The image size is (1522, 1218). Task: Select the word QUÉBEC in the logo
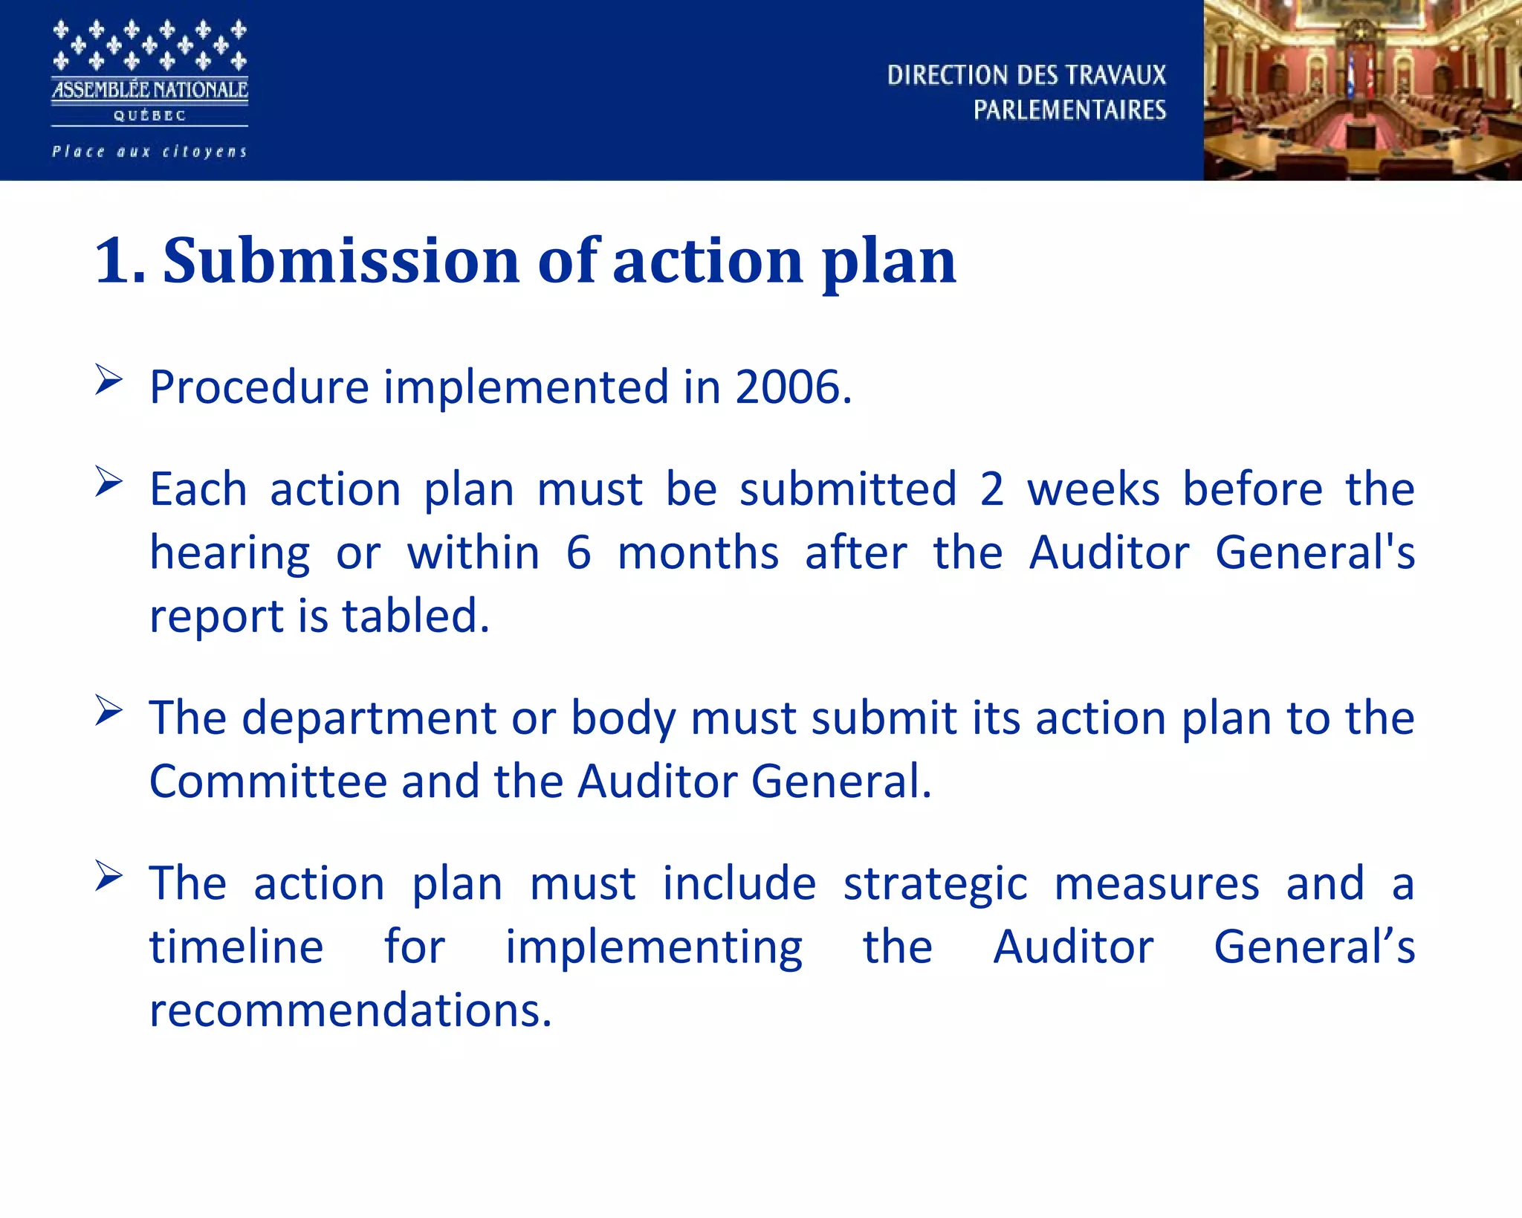click(149, 116)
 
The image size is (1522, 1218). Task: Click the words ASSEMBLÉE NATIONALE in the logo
click(149, 90)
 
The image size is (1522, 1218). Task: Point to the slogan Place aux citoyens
click(149, 152)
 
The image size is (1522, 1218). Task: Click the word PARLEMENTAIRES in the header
click(1069, 110)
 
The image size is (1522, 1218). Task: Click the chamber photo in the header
click(1362, 90)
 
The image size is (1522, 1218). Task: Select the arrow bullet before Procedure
click(109, 380)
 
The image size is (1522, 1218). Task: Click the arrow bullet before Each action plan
click(109, 482)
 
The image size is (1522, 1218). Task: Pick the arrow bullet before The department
click(109, 711)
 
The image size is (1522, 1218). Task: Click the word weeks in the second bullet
click(1093, 489)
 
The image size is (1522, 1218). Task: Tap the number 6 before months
click(579, 553)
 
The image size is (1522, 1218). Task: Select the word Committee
click(268, 782)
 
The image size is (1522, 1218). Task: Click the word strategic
click(936, 884)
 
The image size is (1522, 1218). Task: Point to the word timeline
click(236, 947)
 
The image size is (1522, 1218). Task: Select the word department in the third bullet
click(369, 718)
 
